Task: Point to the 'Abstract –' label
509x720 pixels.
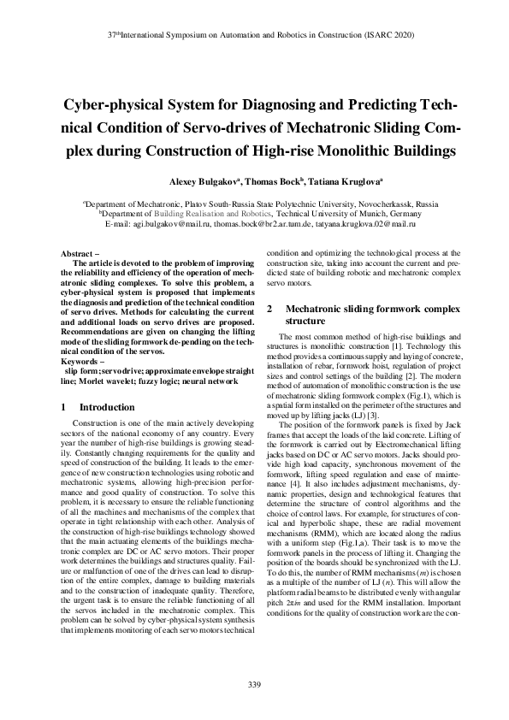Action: (82, 254)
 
